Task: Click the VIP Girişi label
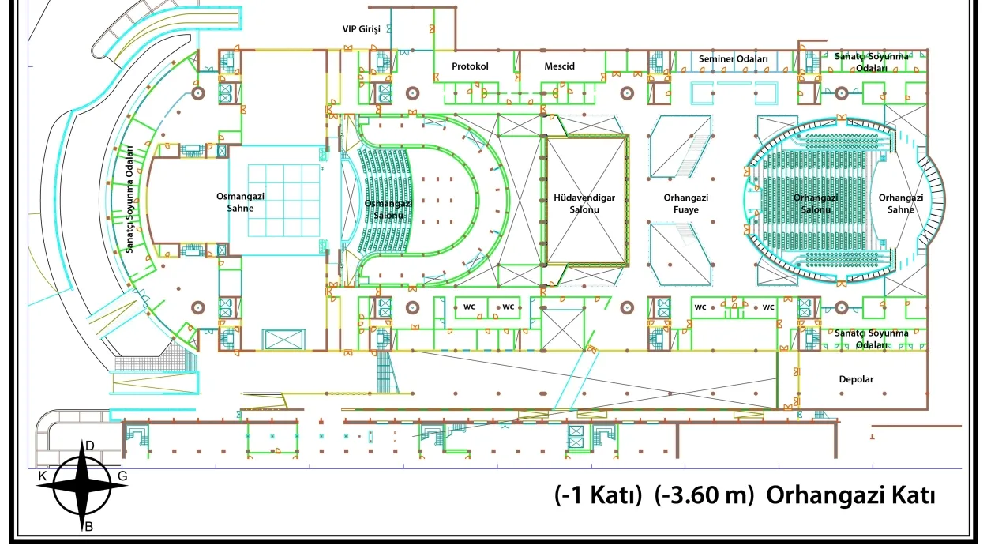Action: [x=362, y=29]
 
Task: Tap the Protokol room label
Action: [x=470, y=66]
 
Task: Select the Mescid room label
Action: [x=560, y=66]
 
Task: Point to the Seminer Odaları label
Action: [x=734, y=58]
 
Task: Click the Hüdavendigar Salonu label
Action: [x=584, y=203]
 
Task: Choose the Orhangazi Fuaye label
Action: [x=686, y=203]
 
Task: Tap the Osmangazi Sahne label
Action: [x=240, y=202]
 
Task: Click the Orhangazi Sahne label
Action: [x=901, y=203]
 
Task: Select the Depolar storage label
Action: [x=856, y=379]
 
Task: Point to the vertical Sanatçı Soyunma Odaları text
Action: [x=129, y=199]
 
